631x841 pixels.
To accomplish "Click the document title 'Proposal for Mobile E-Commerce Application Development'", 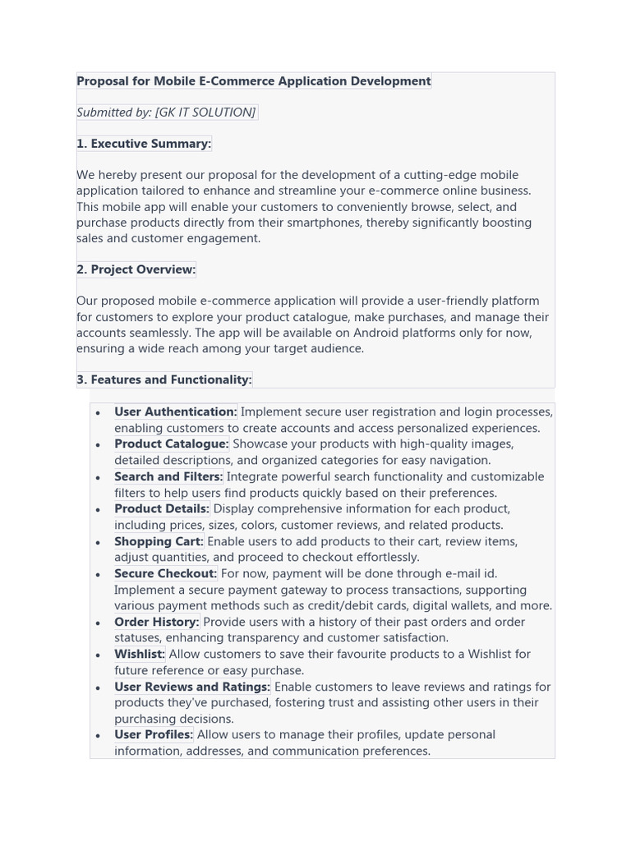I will pyautogui.click(x=253, y=81).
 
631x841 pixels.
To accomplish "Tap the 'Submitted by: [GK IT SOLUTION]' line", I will pyautogui.click(x=166, y=113).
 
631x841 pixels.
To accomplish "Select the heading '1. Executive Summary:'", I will pyautogui.click(x=144, y=144).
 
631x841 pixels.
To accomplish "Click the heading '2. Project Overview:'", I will pyautogui.click(x=136, y=269).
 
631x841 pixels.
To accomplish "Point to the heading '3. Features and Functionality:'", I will pyautogui.click(x=164, y=379).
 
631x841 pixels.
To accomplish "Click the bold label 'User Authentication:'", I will pyautogui.click(x=175, y=411).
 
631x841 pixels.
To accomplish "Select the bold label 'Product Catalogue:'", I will pyautogui.click(x=171, y=443).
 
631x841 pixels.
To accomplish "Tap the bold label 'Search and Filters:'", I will pyautogui.click(x=168, y=476).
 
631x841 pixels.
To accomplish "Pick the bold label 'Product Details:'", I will pyautogui.click(x=162, y=508).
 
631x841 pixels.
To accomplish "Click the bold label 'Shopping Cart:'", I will pyautogui.click(x=159, y=541).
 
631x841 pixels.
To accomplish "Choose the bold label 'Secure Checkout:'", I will pyautogui.click(x=165, y=573).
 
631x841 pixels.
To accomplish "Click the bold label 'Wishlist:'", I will pyautogui.click(x=140, y=654).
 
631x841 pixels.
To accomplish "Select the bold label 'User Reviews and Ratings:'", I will pyautogui.click(x=192, y=687).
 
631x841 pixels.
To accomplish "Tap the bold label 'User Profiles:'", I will pyautogui.click(x=154, y=734).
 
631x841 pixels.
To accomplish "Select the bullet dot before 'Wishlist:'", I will pyautogui.click(x=98, y=655).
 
